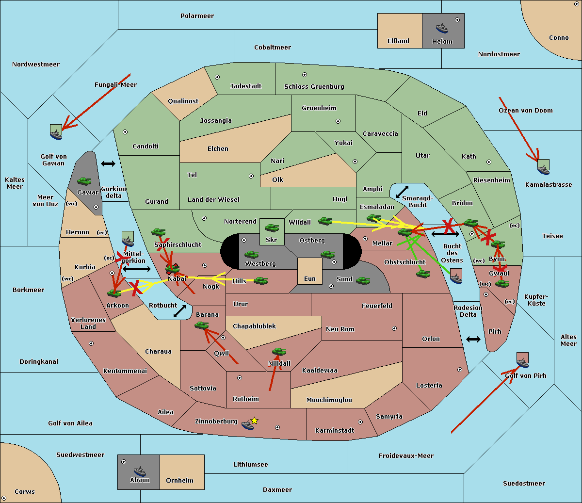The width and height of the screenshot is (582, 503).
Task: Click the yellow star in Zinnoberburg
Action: (254, 421)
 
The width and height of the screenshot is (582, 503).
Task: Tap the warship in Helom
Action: (442, 28)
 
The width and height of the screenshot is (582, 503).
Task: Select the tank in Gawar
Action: (84, 181)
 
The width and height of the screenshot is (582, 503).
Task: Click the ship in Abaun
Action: (140, 471)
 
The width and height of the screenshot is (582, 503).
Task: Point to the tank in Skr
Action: (272, 227)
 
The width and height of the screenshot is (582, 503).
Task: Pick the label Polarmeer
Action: (197, 16)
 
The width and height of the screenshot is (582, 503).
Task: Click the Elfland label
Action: (398, 41)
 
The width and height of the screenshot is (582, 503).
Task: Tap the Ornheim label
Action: (179, 481)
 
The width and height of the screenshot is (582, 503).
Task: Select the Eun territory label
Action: (310, 279)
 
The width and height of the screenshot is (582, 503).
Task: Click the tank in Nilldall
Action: (279, 352)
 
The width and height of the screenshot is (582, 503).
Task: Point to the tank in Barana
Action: (201, 325)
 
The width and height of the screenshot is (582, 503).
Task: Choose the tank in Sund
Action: (363, 280)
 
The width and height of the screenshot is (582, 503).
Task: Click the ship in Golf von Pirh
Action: (522, 362)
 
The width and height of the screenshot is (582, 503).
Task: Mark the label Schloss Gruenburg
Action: (314, 87)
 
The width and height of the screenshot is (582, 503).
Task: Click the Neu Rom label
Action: (340, 329)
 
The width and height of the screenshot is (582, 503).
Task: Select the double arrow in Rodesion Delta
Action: (473, 339)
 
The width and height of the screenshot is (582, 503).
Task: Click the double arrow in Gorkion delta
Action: (108, 164)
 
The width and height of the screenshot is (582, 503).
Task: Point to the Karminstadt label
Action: (335, 431)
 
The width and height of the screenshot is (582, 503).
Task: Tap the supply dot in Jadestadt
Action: (217, 77)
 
